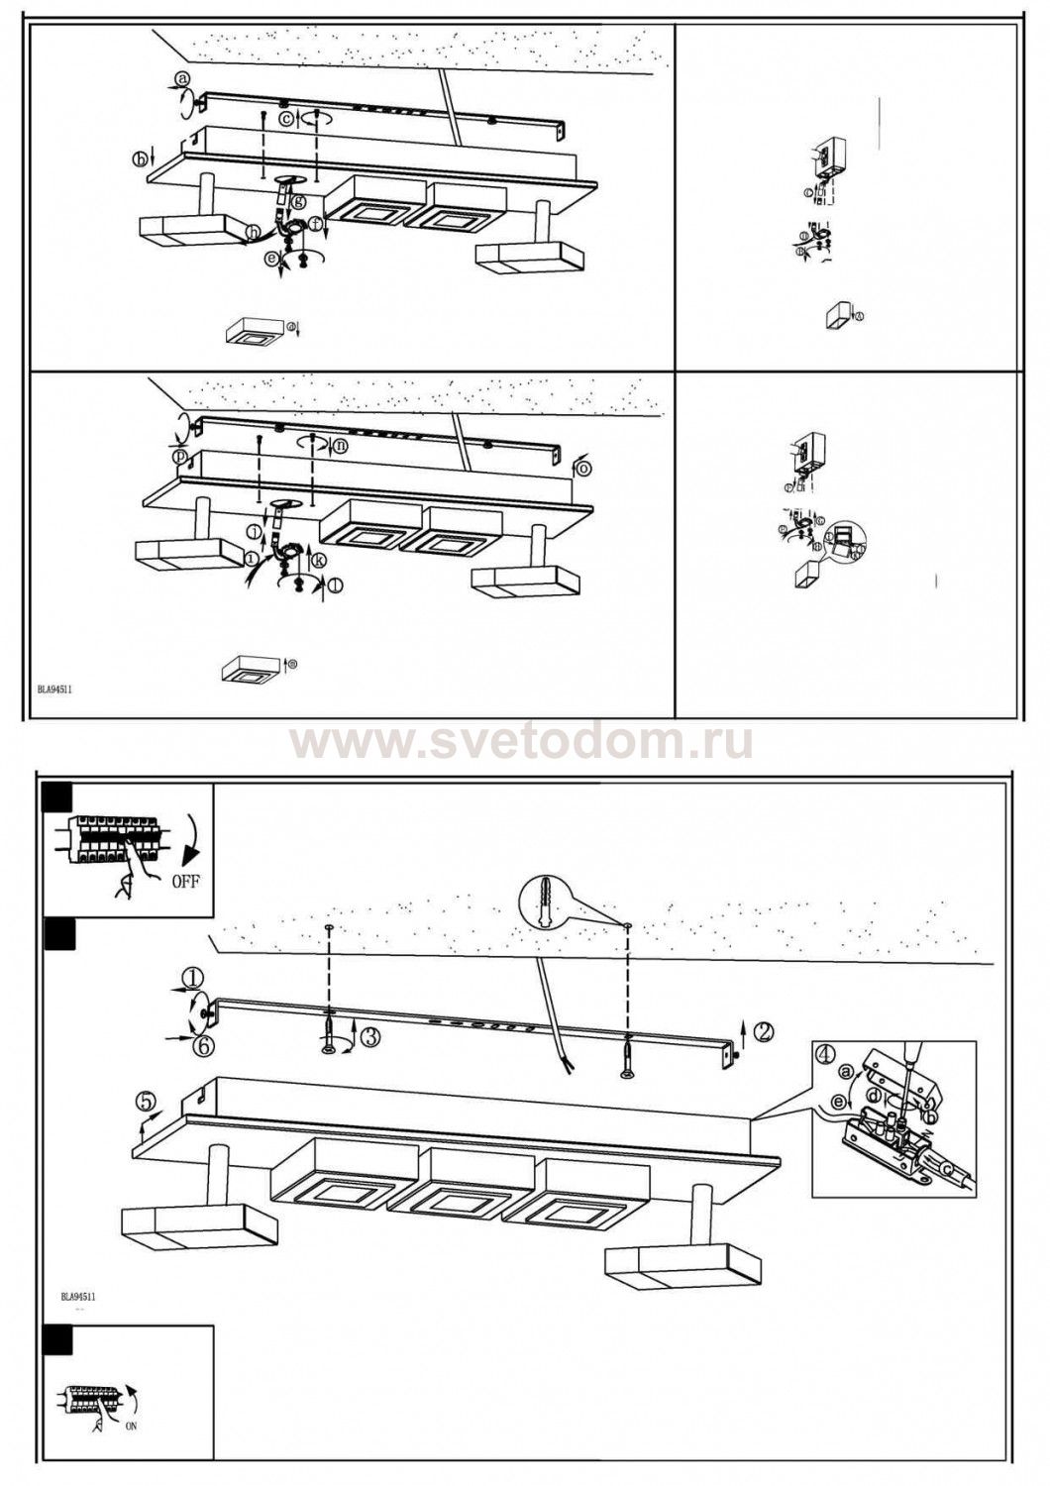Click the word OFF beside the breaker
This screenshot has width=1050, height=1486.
point(184,881)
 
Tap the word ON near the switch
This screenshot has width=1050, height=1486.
point(132,1427)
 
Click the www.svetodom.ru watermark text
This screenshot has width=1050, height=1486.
point(521,742)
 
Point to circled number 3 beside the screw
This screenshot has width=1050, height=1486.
point(369,1037)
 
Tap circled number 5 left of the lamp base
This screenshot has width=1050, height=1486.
point(147,1101)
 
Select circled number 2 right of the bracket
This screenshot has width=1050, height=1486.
point(763,1031)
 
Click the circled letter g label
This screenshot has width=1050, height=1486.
point(297,202)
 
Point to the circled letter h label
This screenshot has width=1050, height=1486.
point(255,232)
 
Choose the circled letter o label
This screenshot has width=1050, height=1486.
point(583,467)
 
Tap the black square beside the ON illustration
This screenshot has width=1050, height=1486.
point(60,1339)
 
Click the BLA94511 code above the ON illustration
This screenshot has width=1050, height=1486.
point(77,1296)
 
